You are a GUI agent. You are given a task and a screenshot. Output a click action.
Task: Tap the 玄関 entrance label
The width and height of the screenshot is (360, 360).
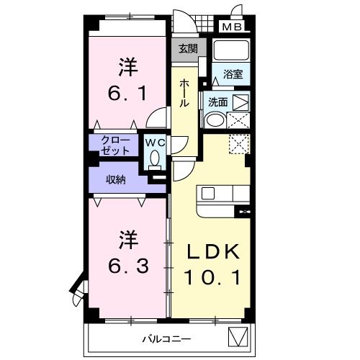(189, 49)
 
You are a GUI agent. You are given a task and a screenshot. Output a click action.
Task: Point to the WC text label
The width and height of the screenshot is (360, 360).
(156, 143)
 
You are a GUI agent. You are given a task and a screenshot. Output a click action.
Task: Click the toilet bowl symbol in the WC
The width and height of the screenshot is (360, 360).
(156, 160)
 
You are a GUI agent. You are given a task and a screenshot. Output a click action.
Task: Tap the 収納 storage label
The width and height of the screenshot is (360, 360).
(116, 180)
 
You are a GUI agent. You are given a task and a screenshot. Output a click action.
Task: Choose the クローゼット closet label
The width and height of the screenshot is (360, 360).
(115, 145)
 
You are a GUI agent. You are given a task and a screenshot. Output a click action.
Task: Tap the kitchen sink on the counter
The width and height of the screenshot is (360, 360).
(208, 193)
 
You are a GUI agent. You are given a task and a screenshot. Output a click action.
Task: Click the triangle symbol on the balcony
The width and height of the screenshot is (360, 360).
(238, 336)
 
